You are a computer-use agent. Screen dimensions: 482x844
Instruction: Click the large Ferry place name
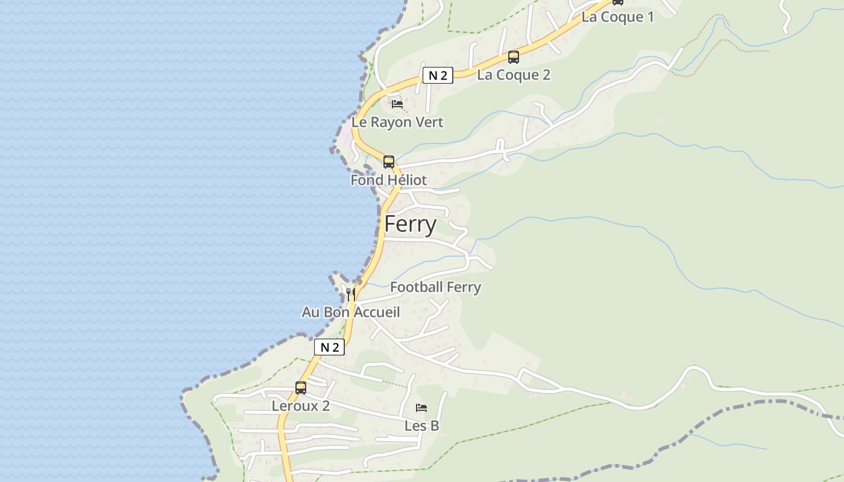[410, 224]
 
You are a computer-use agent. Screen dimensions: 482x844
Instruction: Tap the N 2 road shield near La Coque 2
[438, 75]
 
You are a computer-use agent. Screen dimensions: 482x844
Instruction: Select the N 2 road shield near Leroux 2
[329, 347]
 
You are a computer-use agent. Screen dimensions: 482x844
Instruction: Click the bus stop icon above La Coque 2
[513, 57]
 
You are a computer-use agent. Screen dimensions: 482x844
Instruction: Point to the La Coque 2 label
[514, 75]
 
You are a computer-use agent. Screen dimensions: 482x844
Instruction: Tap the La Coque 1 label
[617, 17]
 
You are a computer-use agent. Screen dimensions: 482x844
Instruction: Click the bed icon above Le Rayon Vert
[397, 104]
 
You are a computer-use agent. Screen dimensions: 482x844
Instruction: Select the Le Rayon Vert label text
[397, 122]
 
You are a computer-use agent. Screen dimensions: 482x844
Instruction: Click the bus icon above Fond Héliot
[389, 161]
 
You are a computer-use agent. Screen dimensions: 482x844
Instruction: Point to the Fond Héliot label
[388, 180]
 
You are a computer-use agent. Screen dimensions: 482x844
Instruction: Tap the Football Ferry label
[435, 287]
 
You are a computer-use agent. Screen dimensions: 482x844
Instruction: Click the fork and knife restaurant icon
[351, 294]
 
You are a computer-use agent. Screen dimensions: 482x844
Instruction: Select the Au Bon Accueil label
[350, 312]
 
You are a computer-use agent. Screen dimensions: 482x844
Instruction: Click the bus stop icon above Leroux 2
[301, 387]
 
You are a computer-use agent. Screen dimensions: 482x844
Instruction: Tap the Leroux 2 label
[300, 406]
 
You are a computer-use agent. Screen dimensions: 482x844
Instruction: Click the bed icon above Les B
[421, 408]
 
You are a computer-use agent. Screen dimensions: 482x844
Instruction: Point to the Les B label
[421, 426]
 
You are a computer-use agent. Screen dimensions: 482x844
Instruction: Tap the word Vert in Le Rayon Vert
[429, 122]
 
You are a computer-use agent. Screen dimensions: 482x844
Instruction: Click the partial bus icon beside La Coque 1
[617, 2]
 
